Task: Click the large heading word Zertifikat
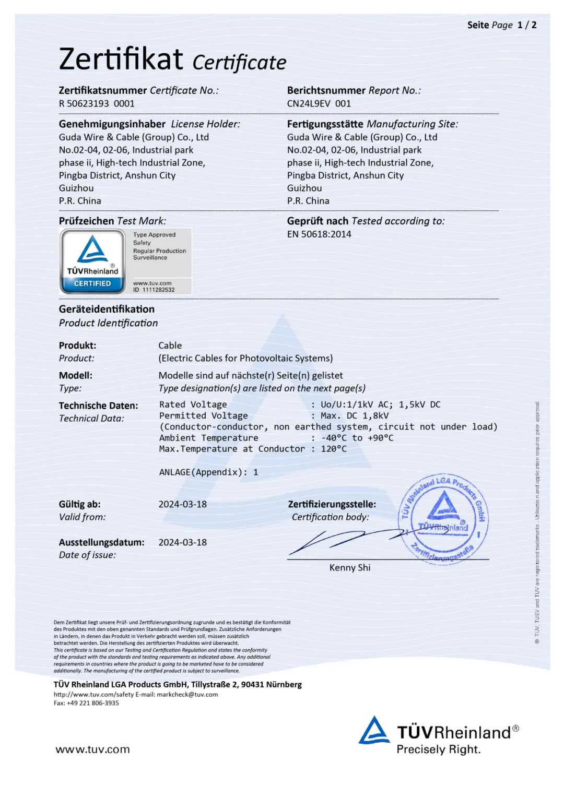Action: click(121, 58)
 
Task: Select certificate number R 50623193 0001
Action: click(97, 103)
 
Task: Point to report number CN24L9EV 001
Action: click(319, 103)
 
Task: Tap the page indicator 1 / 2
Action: click(526, 25)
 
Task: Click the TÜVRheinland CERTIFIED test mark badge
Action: click(92, 261)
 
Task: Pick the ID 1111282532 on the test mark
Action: click(154, 290)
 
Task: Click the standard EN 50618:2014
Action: click(319, 234)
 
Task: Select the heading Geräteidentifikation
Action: click(107, 309)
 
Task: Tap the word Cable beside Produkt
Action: click(170, 346)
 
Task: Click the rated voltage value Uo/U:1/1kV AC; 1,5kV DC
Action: click(380, 405)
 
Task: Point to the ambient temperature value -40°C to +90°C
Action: click(357, 438)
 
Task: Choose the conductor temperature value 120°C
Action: click(334, 449)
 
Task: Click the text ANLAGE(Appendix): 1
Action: click(208, 472)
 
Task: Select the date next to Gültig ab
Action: click(182, 504)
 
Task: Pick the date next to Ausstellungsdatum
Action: click(182, 542)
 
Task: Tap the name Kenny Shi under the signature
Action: click(349, 567)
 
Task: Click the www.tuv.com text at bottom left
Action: click(92, 750)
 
